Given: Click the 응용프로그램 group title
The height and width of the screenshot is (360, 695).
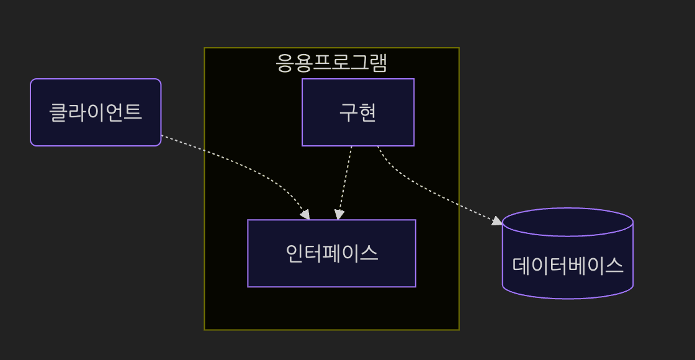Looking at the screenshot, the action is coord(331,63).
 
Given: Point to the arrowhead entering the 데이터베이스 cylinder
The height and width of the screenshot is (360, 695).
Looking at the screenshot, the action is coord(498,221).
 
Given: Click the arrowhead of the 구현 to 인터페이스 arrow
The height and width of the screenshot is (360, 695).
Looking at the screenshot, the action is coord(338,215).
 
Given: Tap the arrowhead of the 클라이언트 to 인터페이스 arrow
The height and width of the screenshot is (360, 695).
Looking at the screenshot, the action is coord(305,215).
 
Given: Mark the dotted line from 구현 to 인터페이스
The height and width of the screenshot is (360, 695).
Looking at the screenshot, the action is coord(345,180).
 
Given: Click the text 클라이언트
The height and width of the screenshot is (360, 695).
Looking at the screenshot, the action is coord(96,112).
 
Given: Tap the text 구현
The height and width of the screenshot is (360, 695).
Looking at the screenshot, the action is coord(357,112).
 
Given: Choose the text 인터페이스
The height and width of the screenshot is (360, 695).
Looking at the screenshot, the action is coord(331,253).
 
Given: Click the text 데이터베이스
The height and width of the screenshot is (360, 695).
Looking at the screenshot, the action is coord(567,265).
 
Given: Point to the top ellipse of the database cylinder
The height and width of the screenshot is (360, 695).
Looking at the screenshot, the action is coord(567,222).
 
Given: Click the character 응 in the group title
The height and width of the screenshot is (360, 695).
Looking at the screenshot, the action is coord(284,63).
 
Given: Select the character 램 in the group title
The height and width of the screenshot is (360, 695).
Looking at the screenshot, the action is coord(379,63).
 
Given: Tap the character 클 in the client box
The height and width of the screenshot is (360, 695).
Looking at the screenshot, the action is coord(58,112).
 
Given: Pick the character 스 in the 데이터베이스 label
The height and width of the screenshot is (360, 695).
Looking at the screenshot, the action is coord(614,265).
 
